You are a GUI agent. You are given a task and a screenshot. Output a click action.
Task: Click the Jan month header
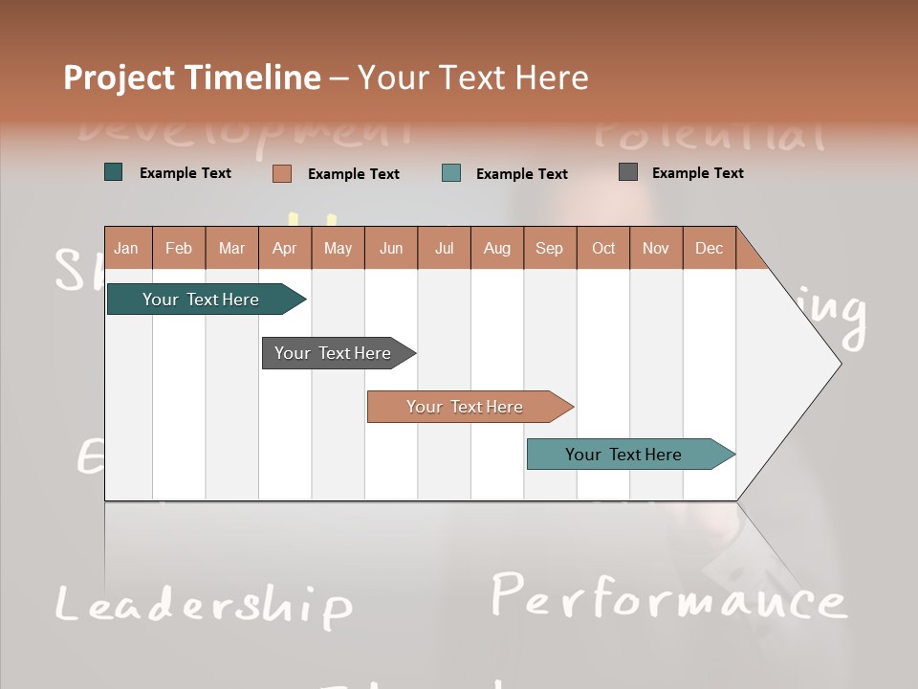126,248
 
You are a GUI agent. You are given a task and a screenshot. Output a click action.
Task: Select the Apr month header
284,248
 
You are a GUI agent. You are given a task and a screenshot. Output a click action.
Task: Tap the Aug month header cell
496,248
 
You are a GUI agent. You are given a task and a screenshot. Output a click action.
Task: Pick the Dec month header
709,248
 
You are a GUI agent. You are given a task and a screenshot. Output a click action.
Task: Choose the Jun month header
390,248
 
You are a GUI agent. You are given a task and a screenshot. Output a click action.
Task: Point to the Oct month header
602,248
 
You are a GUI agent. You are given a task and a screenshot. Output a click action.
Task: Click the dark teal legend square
113,172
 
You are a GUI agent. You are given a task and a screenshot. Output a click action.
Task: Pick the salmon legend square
281,173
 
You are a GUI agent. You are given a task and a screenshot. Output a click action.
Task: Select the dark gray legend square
627,172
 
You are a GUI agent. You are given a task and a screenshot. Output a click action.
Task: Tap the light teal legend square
451,173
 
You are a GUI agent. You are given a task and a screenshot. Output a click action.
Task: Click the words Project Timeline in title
191,78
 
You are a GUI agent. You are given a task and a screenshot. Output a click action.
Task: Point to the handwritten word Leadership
203,605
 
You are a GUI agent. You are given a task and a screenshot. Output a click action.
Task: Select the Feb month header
179,248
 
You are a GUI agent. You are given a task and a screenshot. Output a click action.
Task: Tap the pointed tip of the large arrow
839,363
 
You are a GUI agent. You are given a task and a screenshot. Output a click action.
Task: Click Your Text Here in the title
472,78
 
